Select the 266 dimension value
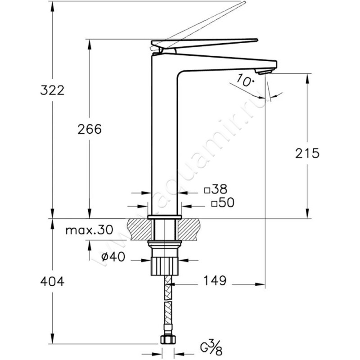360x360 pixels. (90, 129)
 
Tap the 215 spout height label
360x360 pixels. (307, 153)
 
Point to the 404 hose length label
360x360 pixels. (52, 281)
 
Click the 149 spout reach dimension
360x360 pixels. (215, 280)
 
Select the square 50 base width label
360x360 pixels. (223, 202)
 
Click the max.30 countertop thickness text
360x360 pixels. (89, 229)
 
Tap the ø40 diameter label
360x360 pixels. (113, 256)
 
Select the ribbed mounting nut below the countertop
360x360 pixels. (165, 266)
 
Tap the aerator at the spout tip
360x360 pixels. (265, 72)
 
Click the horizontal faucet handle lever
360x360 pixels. (204, 43)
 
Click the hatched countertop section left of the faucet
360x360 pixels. (138, 229)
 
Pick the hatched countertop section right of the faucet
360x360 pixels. (189, 229)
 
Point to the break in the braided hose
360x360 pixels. (168, 301)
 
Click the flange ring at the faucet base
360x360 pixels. (165, 217)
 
